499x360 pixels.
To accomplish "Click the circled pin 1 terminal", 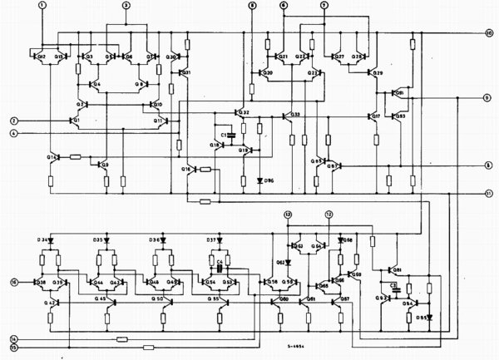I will [x=42, y=6].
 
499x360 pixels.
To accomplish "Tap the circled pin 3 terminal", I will [x=126, y=6].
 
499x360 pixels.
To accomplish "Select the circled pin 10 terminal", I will [x=490, y=32].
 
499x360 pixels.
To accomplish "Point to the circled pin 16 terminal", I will [x=14, y=283].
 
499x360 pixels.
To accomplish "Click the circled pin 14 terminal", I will [x=14, y=339].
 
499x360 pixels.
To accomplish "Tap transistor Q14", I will [x=55, y=158].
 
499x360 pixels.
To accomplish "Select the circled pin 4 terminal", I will [x=14, y=133].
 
